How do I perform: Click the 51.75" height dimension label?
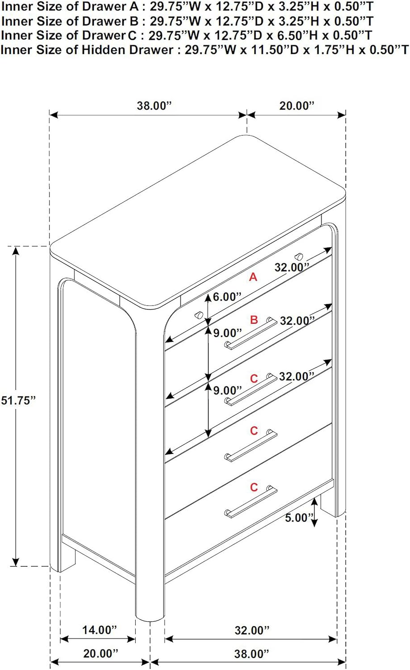point(18,400)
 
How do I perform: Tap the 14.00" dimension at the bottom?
point(99,630)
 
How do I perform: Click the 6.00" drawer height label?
point(227,297)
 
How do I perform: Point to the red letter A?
point(253,277)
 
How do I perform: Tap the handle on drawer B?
point(251,333)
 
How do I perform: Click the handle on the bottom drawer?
point(251,502)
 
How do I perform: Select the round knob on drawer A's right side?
point(299,256)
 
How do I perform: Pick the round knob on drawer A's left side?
point(199,315)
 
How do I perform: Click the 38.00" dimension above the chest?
point(155,105)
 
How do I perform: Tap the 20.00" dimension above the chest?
point(297,105)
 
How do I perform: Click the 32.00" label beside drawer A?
point(292,267)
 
